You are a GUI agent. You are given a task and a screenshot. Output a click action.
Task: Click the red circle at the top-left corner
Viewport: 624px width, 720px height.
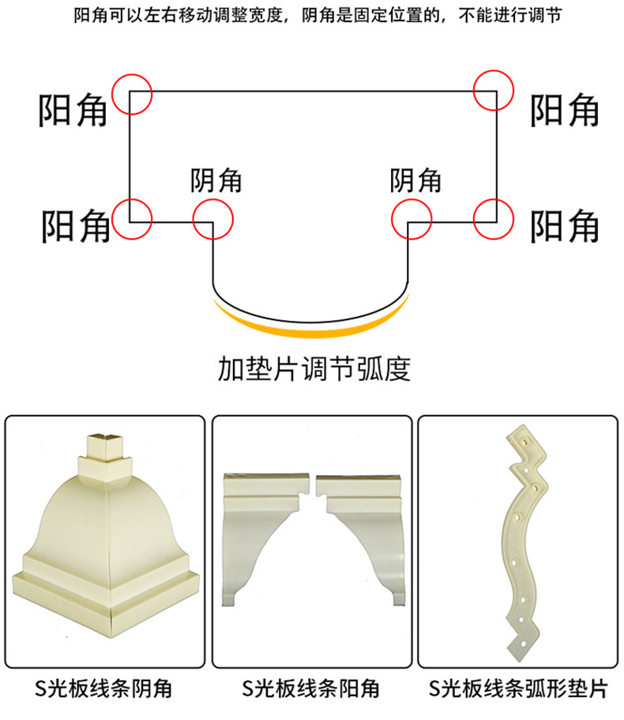[x=113, y=94]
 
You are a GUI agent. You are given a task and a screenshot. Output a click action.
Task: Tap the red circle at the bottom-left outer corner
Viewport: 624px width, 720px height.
[x=113, y=219]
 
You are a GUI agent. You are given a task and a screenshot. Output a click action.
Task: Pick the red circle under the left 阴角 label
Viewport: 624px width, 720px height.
[x=194, y=219]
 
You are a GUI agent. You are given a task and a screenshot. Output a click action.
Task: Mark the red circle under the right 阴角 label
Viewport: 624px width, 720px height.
[x=393, y=219]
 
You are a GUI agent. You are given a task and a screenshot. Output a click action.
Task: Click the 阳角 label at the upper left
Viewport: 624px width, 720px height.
[x=73, y=110]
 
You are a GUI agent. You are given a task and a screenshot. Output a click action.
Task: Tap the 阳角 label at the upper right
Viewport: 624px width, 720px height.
[x=564, y=110]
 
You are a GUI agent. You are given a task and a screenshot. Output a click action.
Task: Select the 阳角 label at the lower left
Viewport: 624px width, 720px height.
[x=76, y=226]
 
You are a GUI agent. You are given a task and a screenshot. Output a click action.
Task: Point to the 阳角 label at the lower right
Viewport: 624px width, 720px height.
[x=564, y=226]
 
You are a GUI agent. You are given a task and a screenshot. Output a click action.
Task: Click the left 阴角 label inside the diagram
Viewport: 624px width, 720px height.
[x=216, y=180]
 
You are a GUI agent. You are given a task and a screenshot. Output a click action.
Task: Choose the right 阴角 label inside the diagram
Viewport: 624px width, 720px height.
[x=415, y=180]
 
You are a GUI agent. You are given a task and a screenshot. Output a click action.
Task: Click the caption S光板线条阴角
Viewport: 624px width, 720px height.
[x=103, y=688]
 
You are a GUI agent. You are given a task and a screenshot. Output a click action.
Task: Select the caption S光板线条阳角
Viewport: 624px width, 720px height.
[x=311, y=688]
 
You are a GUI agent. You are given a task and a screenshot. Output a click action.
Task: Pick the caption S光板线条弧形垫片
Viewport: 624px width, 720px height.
[x=518, y=688]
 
